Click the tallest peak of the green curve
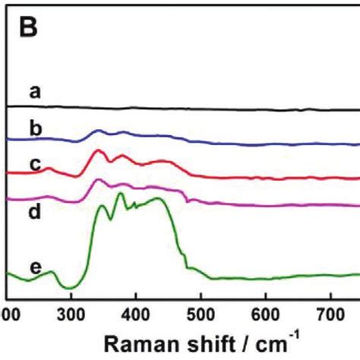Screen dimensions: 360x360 coord(120,194)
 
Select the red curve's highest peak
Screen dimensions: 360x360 coord(98,150)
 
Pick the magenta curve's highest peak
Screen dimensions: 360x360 coord(98,180)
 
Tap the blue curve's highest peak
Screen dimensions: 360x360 coord(98,131)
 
